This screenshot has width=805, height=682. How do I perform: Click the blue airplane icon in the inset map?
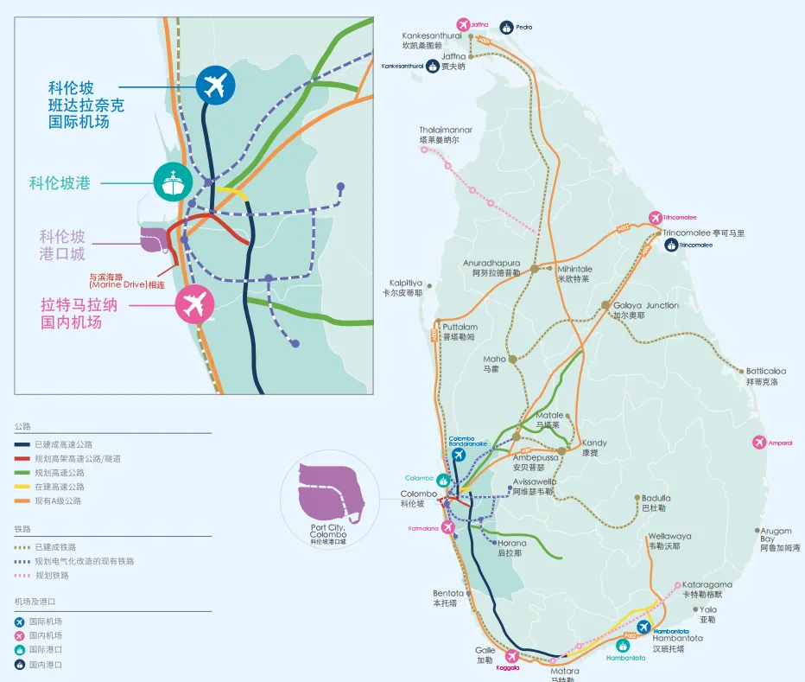pyautogui.click(x=215, y=85)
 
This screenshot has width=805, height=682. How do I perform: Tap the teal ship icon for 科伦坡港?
pyautogui.click(x=174, y=182)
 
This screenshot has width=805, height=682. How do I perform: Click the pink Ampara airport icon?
pyautogui.click(x=759, y=443)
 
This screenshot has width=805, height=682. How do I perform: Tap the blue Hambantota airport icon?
pyautogui.click(x=643, y=626)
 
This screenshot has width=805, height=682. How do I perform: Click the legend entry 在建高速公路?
pyautogui.click(x=60, y=487)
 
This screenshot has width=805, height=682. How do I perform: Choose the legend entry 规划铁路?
pyautogui.click(x=53, y=575)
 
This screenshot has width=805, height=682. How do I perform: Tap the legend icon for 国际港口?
pyautogui.click(x=20, y=650)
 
